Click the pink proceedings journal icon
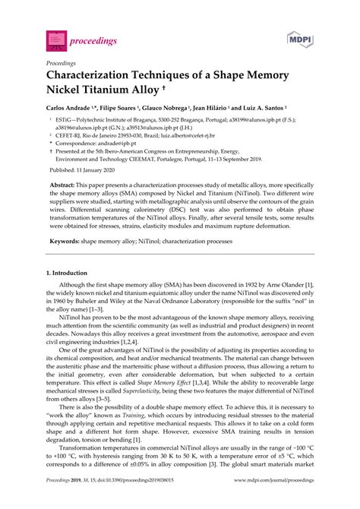pyautogui.click(x=55, y=38)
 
